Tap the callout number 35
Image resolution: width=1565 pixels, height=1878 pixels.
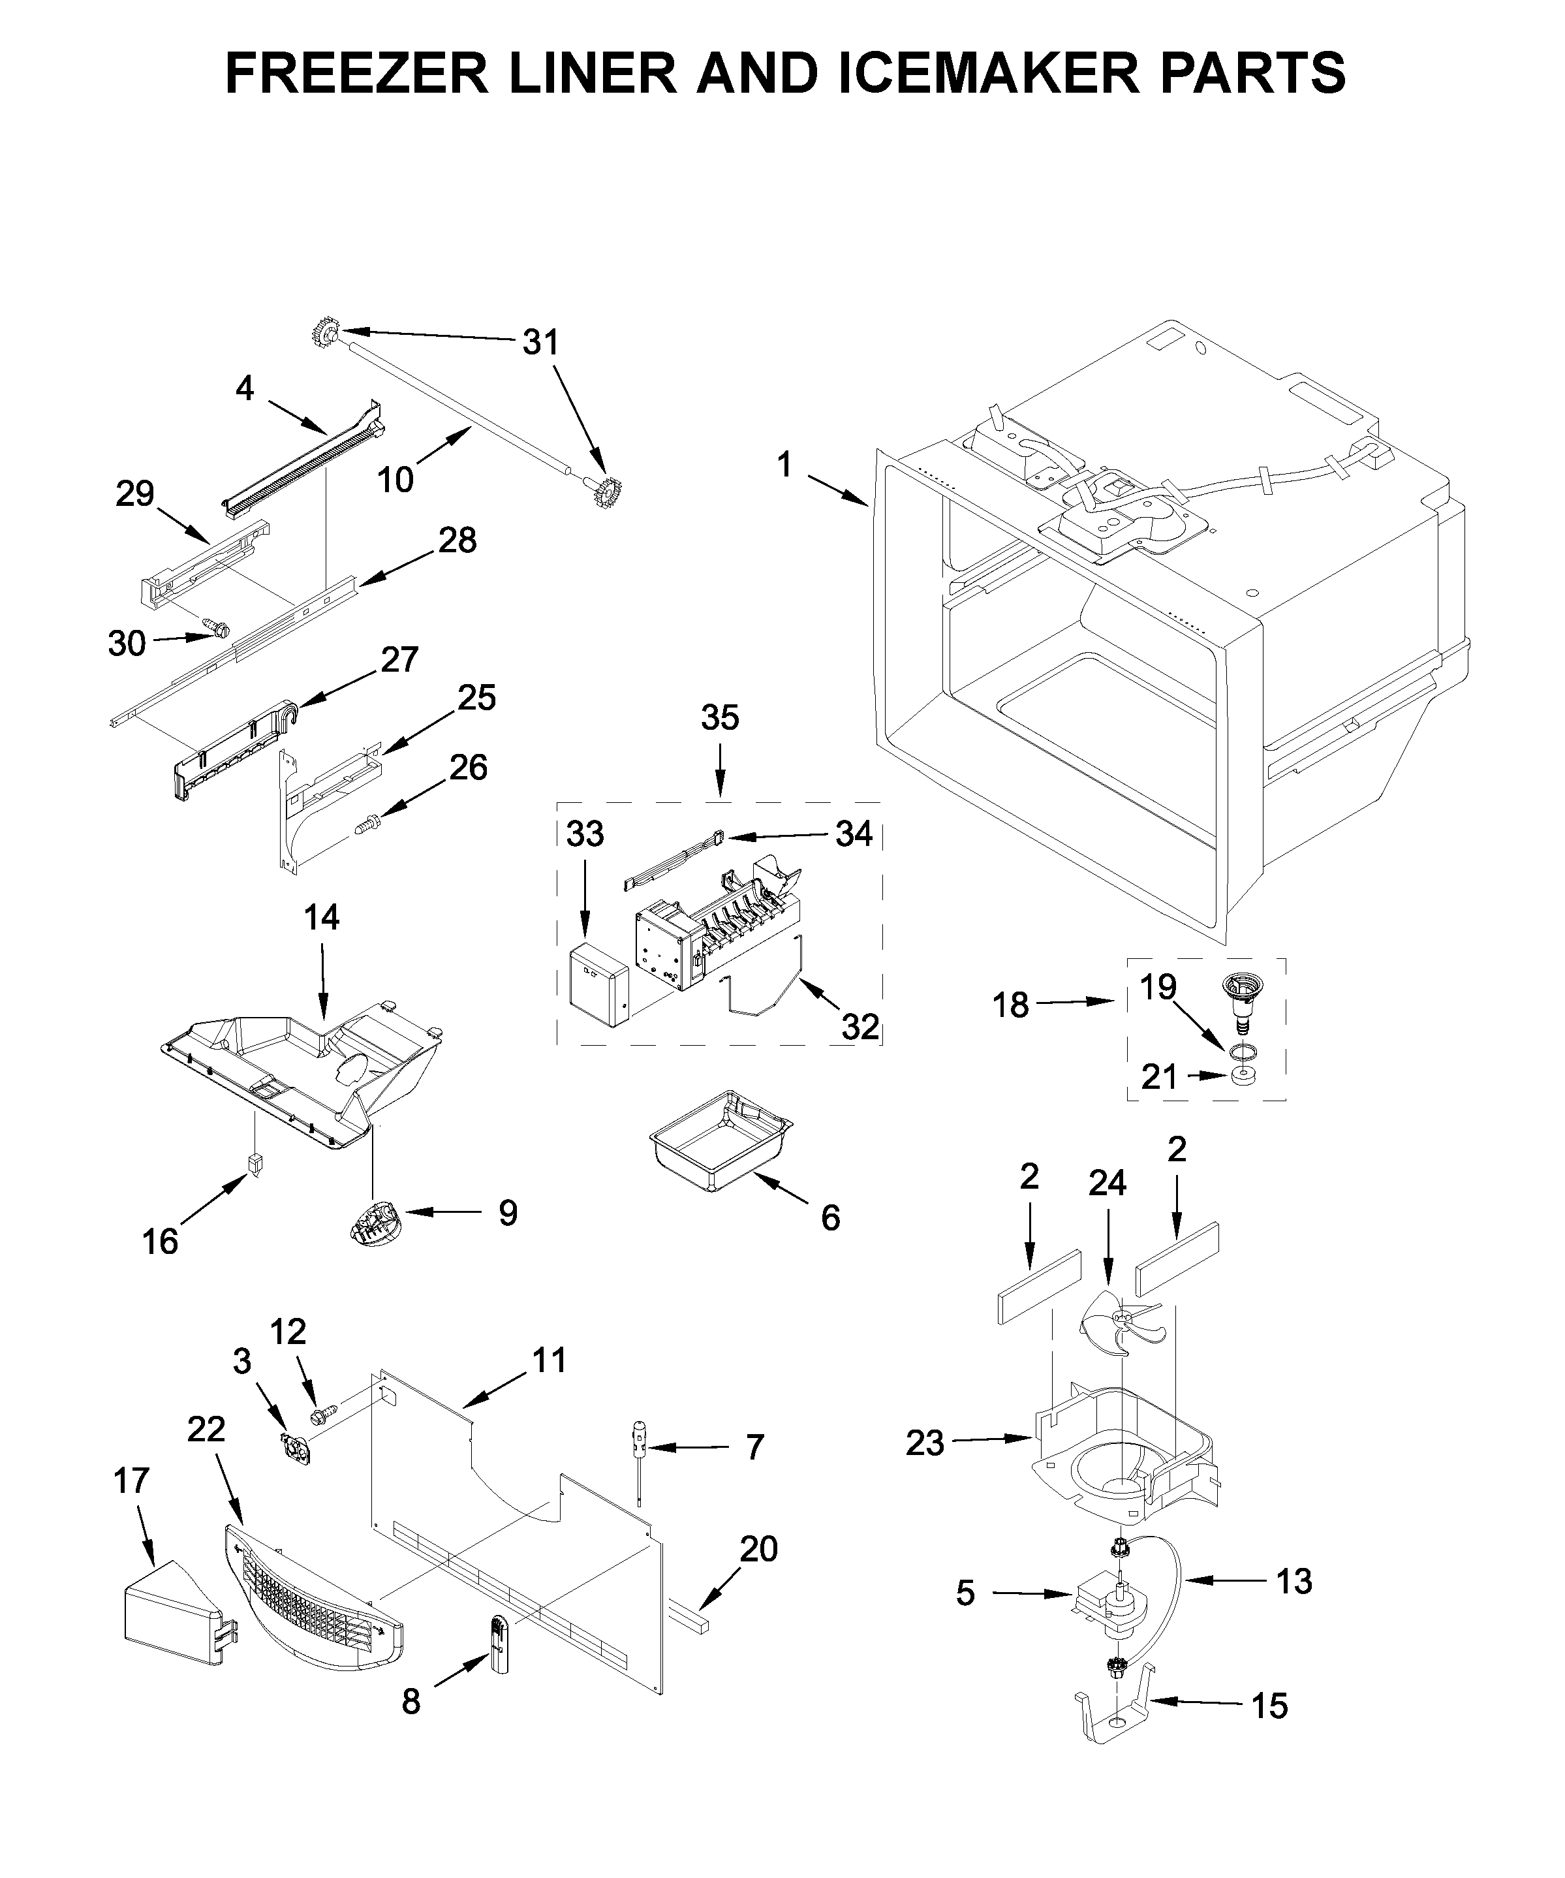(719, 717)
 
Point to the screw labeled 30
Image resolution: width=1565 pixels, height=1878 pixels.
(215, 629)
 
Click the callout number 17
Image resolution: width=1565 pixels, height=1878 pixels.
(131, 1481)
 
